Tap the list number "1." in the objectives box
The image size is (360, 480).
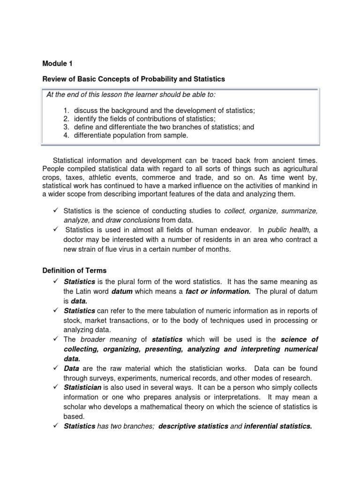coord(67,110)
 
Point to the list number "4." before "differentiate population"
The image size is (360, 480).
coord(67,135)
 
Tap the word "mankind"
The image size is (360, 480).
coord(298,186)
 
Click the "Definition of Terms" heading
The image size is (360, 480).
coord(75,270)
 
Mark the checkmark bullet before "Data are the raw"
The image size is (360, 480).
coord(55,368)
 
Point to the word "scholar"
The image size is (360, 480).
coord(75,407)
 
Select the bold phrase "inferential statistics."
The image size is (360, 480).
coord(278,426)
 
